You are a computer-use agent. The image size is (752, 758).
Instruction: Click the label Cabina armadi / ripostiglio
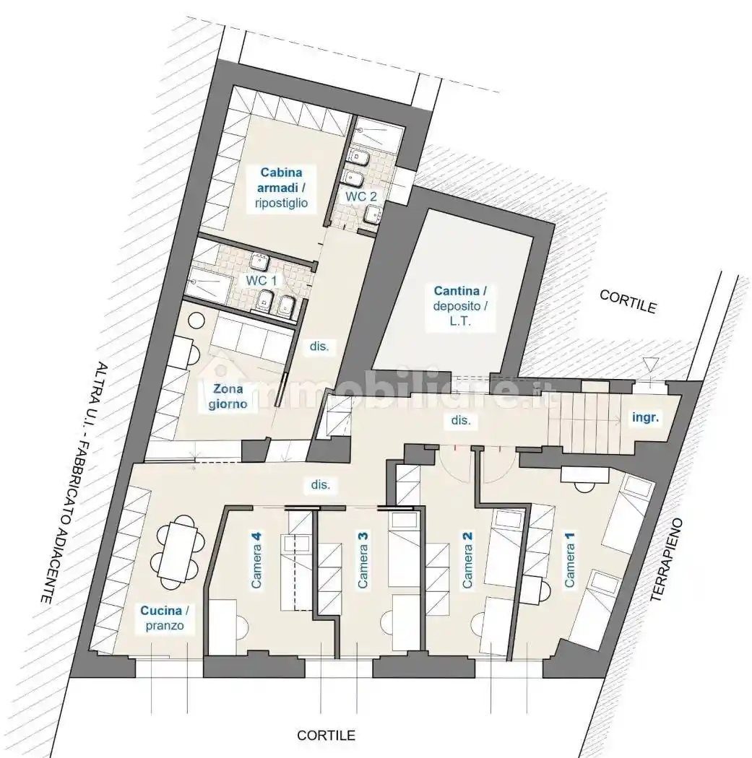coord(282,188)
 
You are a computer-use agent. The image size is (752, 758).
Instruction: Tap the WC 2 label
coord(360,196)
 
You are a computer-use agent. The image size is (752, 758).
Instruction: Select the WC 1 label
coord(262,280)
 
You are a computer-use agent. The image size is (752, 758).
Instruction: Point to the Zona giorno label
coord(228,396)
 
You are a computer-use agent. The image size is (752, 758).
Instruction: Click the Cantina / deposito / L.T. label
coord(460,306)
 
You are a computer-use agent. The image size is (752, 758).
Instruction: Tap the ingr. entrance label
coord(646,418)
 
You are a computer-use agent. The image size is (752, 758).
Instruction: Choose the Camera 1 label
coord(569,559)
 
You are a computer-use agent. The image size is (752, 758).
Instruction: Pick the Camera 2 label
coord(467,559)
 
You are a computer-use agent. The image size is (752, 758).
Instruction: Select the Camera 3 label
coord(362,559)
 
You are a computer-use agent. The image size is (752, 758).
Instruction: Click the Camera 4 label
coord(256,559)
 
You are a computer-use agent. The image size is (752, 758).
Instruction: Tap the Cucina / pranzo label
coord(165,618)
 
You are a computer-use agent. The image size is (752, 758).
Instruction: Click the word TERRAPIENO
coord(666,559)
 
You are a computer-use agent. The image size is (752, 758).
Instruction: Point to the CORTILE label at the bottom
coord(327,736)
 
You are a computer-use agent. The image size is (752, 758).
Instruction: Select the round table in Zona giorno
coord(196,321)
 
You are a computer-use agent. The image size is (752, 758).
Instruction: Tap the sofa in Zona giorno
coord(251,336)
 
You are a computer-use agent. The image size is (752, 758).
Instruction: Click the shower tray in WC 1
coord(208,288)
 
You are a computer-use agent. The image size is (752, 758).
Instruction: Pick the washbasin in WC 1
coord(261,261)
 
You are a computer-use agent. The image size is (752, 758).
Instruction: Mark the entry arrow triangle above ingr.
coord(650,362)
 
